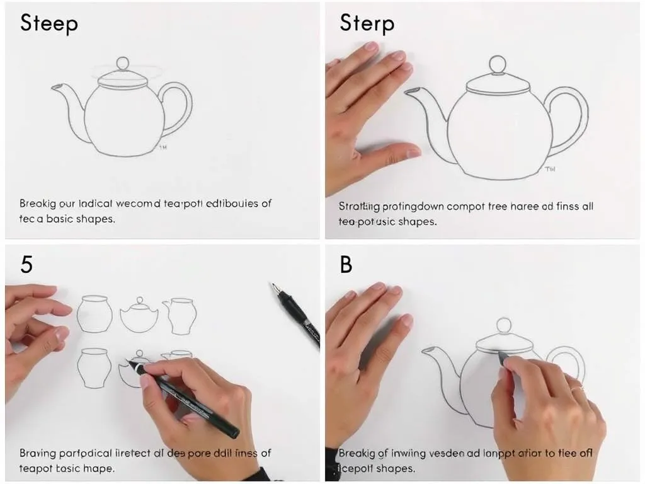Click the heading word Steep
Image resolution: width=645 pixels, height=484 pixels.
coord(49,23)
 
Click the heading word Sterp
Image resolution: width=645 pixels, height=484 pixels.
coord(367,23)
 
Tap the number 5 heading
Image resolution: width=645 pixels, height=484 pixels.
coord(26,265)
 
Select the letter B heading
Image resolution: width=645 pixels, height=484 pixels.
coord(346,265)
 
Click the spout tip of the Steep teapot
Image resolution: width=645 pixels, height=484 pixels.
coord(55,86)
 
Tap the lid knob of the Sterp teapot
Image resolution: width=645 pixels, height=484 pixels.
coord(498,64)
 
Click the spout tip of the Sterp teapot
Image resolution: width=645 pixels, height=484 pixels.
coord(409,92)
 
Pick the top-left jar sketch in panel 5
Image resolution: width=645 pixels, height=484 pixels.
coord(94,314)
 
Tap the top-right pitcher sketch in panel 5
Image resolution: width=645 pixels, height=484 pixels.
coord(180,315)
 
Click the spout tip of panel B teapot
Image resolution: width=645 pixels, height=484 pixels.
coord(427,350)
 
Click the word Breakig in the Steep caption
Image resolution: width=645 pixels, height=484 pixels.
coord(39,204)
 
